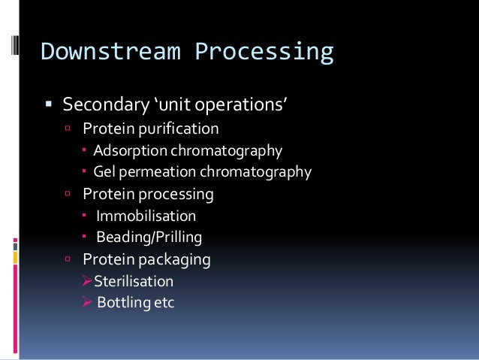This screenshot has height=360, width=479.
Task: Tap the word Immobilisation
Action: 146,216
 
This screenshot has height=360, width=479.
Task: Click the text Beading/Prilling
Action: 149,238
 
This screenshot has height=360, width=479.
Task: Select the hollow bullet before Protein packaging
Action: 68,260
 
